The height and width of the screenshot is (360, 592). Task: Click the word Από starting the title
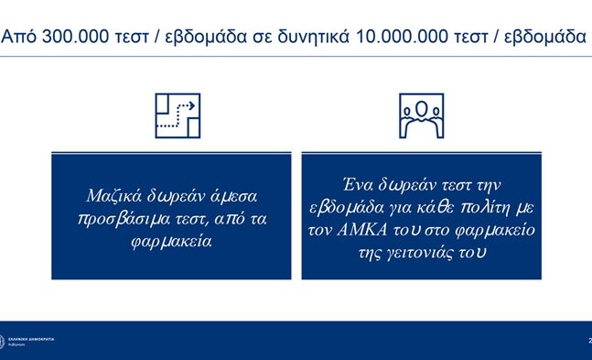pos(20,38)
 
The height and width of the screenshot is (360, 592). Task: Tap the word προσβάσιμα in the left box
pos(124,220)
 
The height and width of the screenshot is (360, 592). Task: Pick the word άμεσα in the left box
pos(235,196)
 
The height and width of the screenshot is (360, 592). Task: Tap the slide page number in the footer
pos(588,341)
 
